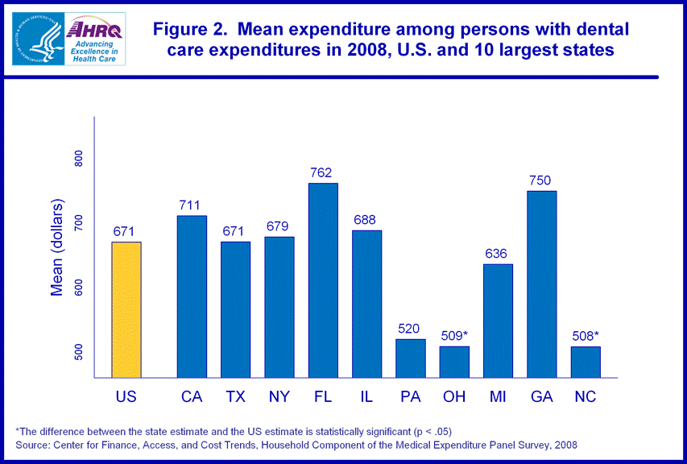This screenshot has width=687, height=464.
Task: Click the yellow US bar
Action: click(x=126, y=309)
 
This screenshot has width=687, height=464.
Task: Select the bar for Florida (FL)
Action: click(x=323, y=280)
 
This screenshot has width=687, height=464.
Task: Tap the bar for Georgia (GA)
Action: click(x=541, y=284)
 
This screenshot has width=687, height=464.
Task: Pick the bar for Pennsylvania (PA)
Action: click(x=411, y=358)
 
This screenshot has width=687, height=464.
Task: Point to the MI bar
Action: click(x=498, y=321)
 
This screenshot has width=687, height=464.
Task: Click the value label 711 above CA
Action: click(x=192, y=205)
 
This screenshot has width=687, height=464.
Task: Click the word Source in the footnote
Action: click(x=34, y=445)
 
